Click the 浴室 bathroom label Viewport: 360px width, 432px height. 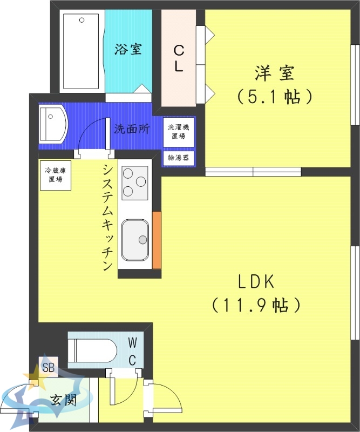(128, 49)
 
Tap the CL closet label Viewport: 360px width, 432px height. (179, 58)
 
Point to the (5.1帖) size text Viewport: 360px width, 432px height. (275, 97)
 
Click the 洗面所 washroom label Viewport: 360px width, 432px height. (131, 129)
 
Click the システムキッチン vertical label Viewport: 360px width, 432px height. (107, 216)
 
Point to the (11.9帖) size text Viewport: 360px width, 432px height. (256, 306)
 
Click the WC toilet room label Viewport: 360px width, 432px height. (133, 351)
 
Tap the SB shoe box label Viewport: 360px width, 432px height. (47, 369)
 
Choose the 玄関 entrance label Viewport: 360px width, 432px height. (63, 400)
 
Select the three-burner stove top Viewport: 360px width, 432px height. (135, 182)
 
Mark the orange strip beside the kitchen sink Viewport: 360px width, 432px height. (157, 240)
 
